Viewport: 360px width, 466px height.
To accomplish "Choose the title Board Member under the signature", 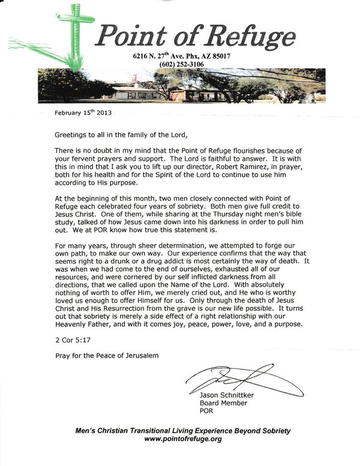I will click(223, 404).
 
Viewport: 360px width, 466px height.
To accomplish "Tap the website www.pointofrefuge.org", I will click(184, 438).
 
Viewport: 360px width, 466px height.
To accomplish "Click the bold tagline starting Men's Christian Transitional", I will click(184, 430).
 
